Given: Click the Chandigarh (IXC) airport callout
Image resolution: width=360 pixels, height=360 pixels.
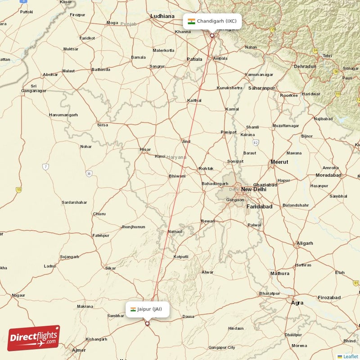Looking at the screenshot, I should tap(212, 21).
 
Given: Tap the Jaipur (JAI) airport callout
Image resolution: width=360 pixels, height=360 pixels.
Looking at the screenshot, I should tap(147, 309).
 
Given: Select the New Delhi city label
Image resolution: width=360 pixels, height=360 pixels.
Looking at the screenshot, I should tap(253, 189).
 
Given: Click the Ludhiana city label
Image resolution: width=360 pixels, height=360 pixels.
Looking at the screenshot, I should tap(162, 16).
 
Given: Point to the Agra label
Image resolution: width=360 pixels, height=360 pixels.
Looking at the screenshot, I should tap(297, 303).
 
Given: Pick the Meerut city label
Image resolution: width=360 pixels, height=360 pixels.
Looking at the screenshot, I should tap(279, 162).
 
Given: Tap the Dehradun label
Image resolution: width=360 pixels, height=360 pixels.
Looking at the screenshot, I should tap(305, 66).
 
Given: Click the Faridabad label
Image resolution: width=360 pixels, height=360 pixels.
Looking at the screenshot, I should tap(260, 207).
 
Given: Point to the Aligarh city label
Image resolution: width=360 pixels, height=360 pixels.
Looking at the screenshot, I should tap(305, 243).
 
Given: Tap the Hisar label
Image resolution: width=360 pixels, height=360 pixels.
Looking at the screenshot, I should tap(145, 149).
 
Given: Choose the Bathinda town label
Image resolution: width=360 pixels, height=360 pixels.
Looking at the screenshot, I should tap(100, 70).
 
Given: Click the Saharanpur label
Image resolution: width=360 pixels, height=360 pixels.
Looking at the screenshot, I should tap(261, 88).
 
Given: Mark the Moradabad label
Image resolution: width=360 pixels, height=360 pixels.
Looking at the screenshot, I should tap(328, 175).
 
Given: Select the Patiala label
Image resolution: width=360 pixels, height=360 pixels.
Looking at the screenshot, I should tap(194, 59).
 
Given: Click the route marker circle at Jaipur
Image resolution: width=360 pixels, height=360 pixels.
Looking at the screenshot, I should tap(147, 323).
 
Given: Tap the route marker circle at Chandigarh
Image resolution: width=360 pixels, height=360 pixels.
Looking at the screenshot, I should tap(212, 35).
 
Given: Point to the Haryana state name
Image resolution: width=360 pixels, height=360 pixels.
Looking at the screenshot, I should tap(176, 157).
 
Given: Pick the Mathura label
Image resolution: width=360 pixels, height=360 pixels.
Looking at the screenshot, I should tap(279, 273).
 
